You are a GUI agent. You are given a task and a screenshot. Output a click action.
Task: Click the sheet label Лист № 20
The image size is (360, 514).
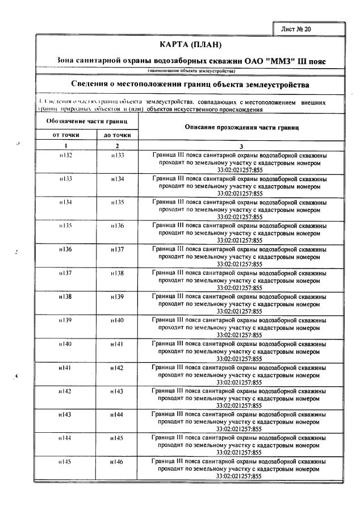(x=296, y=28)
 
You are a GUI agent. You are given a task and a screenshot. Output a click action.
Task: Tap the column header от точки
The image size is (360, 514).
(x=65, y=135)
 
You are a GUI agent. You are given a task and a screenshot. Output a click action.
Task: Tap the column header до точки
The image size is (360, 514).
(x=117, y=135)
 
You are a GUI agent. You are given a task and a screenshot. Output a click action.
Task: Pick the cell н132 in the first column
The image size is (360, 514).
(x=65, y=154)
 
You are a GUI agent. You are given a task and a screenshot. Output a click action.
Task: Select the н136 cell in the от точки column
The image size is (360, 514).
(x=65, y=249)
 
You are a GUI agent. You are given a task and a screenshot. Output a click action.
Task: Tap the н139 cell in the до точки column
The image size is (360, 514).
(x=118, y=297)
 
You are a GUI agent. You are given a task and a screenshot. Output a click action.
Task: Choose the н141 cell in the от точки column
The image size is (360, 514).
(x=65, y=368)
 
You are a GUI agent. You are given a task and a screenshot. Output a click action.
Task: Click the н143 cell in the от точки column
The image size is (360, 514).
(x=65, y=415)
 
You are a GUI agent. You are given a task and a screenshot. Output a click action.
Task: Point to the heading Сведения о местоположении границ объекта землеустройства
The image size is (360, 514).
(x=190, y=85)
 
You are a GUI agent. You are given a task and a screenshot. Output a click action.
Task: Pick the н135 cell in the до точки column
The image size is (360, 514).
(x=118, y=202)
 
